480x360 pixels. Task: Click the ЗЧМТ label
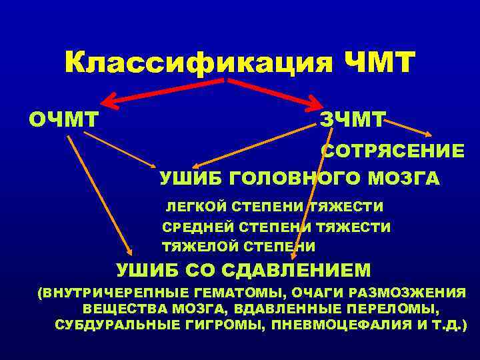tap(351, 121)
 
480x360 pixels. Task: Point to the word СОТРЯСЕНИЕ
tap(393, 151)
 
